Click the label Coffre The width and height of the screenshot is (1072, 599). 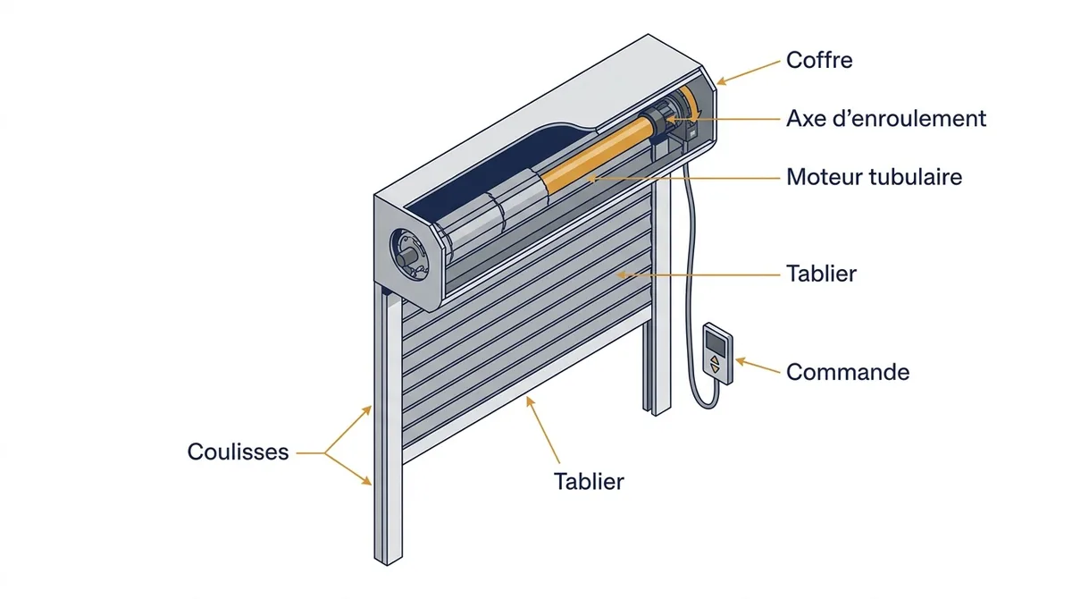tap(819, 60)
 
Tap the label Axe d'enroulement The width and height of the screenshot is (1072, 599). tap(886, 118)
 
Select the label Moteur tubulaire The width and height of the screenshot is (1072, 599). tap(874, 177)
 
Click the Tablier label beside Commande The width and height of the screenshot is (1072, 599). tap(821, 274)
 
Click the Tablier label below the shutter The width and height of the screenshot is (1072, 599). tap(589, 481)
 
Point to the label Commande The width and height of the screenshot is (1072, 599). tap(848, 372)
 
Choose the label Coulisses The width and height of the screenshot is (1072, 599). tap(238, 451)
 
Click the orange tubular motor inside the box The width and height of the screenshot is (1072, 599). tap(599, 154)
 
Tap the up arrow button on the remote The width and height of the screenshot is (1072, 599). tap(715, 359)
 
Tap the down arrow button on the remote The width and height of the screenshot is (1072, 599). tap(715, 368)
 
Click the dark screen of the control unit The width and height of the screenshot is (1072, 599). tap(716, 343)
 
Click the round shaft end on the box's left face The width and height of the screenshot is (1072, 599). tap(406, 258)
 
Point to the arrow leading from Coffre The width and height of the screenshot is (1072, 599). tap(748, 72)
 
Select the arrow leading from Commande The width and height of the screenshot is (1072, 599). tap(758, 365)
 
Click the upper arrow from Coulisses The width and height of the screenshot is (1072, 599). tap(348, 429)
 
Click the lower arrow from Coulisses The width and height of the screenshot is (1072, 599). tap(348, 468)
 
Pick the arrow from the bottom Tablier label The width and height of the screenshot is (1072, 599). tap(543, 429)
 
